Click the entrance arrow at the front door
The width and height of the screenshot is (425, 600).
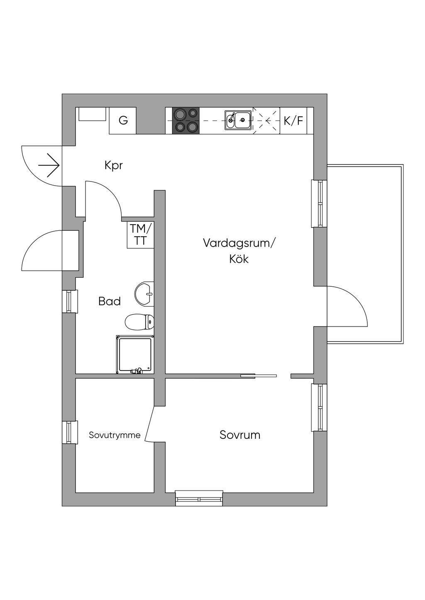pos(49,165)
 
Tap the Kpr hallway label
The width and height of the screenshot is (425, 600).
pos(113,166)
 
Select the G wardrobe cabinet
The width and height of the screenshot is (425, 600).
pos(122,121)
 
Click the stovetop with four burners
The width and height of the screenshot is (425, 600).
pos(186,121)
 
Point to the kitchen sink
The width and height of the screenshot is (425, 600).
pos(238,121)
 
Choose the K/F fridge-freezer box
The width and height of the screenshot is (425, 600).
pos(293,121)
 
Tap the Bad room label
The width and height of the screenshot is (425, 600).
pos(110,302)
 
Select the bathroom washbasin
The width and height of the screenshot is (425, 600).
pos(144,294)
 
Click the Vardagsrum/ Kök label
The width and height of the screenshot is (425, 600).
pos(239,251)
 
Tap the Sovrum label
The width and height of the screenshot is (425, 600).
pos(240,435)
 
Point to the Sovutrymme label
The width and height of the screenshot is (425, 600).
pos(115,435)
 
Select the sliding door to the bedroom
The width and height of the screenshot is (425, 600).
pos(259,376)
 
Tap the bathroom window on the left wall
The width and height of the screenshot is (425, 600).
pos(70,301)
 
